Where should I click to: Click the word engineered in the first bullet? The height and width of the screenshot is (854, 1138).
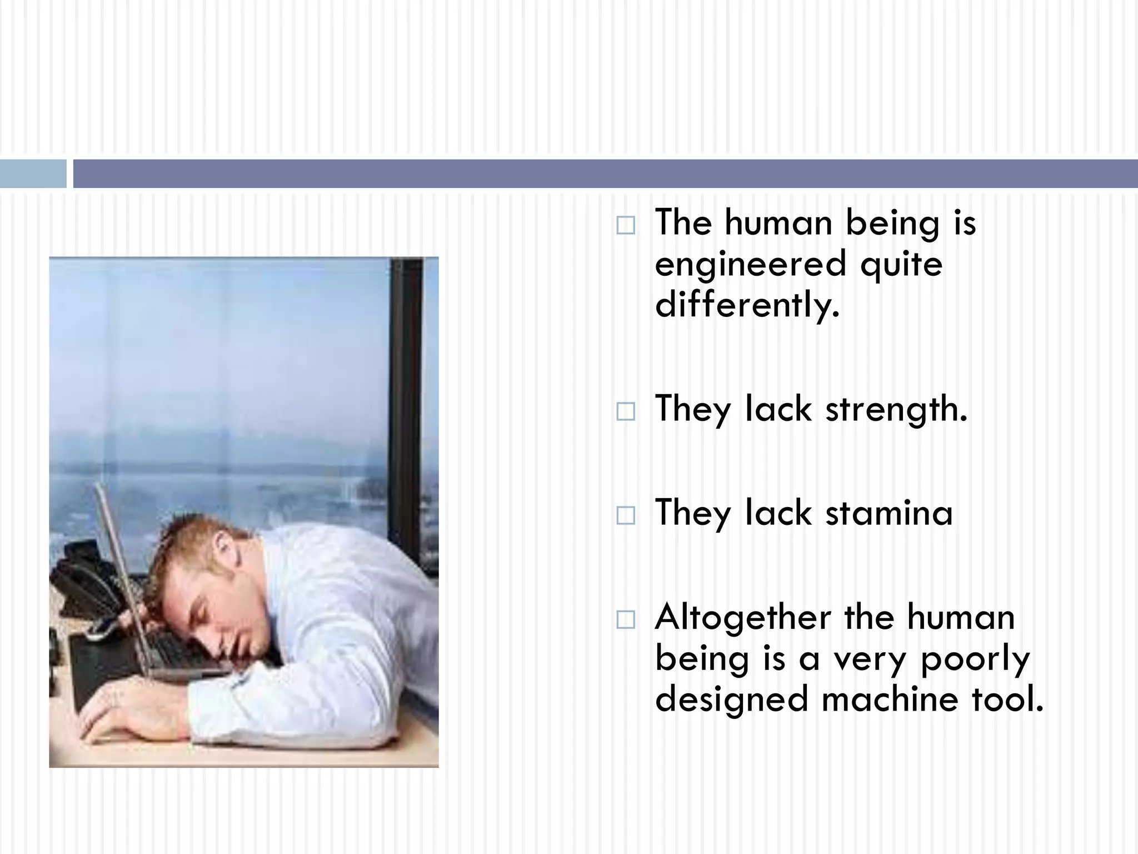tap(750, 264)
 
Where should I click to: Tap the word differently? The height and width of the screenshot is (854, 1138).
tap(747, 305)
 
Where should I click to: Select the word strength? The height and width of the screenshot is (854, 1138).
tap(896, 409)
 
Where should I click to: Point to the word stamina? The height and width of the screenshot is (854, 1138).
tap(889, 513)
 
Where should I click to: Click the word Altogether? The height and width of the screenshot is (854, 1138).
tap(742, 617)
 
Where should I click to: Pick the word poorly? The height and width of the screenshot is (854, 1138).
tap(975, 659)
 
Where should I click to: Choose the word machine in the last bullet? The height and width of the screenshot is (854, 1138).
tap(890, 699)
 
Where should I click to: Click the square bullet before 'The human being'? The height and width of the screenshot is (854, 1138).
tap(626, 225)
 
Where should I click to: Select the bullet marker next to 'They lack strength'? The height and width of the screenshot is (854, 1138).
tap(626, 411)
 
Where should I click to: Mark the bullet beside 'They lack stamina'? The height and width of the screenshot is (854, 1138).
tap(626, 515)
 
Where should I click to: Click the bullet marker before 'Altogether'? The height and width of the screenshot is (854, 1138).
tap(626, 619)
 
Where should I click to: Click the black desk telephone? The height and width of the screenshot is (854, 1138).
tap(83, 578)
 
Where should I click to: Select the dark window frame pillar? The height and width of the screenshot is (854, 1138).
tap(406, 389)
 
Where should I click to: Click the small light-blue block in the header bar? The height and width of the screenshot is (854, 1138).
tap(33, 173)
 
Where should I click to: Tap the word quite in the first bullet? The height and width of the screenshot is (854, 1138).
tap(901, 264)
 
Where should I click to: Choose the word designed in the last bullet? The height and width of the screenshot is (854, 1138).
tap(731, 699)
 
